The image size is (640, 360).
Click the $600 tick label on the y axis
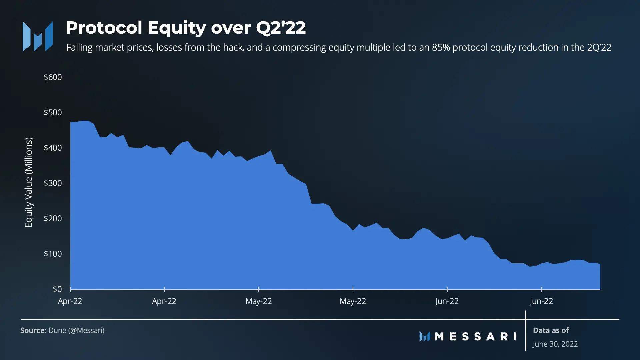point(53,77)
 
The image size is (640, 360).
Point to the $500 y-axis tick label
point(53,113)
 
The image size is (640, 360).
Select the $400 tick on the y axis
point(53,148)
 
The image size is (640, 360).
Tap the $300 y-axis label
point(53,183)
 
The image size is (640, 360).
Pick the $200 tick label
point(53,219)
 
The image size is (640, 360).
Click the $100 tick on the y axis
point(53,254)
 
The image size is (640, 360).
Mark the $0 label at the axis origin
point(57,289)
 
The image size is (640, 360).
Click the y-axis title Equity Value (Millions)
point(29,182)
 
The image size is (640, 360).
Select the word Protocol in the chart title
point(104,28)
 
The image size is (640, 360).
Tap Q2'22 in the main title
point(281,28)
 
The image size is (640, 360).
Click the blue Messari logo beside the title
point(38,36)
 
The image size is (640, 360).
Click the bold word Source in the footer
point(33,331)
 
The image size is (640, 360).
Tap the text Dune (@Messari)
point(76,331)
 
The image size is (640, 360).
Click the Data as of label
point(551,331)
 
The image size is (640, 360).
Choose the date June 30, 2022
point(555,344)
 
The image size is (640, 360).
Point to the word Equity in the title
point(176,28)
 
